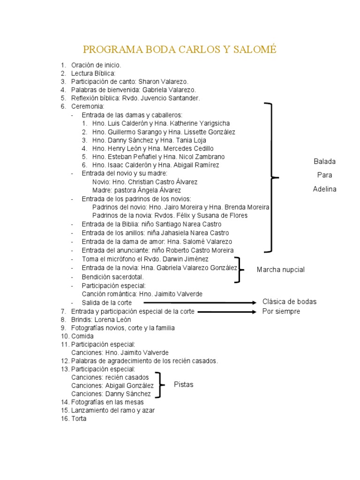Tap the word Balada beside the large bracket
(324, 161)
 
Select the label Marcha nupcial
(281, 270)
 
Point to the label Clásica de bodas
(289, 301)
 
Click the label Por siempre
(281, 311)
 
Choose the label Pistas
(183, 384)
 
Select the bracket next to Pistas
(161, 385)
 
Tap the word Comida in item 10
(82, 336)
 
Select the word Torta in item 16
(79, 419)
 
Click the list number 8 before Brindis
(63, 319)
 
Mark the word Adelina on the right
(324, 189)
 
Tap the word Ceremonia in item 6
(87, 106)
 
